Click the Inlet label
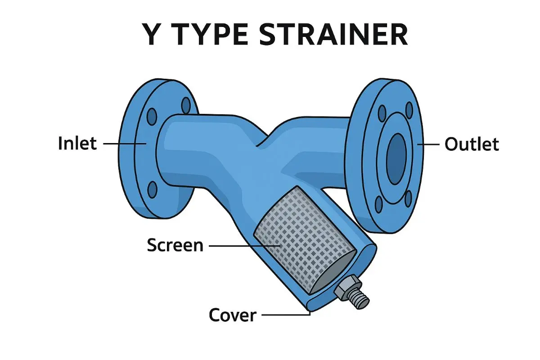(77, 144)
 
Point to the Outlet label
(472, 144)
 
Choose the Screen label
(175, 245)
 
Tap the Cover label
(233, 315)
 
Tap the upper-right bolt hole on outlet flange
(409, 109)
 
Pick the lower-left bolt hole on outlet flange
(379, 204)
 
